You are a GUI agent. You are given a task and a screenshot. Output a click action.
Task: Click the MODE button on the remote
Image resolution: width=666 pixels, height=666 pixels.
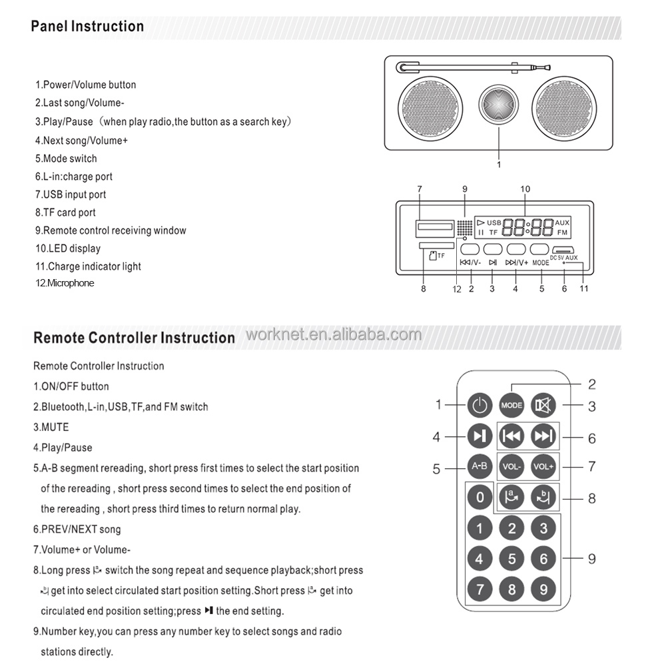click(512, 405)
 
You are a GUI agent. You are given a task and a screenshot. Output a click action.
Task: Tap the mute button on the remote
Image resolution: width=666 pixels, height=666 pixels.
click(544, 405)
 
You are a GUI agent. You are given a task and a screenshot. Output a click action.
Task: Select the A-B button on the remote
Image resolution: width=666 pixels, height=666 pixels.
click(480, 466)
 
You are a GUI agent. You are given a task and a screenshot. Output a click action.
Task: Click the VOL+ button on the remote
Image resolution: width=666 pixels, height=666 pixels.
click(544, 466)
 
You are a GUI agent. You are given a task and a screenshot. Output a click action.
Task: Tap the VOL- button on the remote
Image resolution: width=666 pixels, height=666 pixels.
click(512, 466)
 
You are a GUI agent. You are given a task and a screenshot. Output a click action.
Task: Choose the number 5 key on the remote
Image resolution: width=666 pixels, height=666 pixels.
click(512, 559)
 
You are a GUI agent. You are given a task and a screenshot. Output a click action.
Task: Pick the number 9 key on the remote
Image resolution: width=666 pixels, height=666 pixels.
click(544, 589)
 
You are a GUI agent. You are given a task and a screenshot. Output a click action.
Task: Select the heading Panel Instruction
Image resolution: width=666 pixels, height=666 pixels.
click(87, 27)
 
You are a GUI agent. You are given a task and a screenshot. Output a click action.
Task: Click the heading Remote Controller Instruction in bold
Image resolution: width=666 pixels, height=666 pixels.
click(134, 338)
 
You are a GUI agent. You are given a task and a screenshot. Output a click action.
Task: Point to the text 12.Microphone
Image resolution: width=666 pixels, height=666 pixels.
click(65, 283)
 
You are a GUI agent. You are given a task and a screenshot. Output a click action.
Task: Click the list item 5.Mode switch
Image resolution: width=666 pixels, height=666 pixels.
click(66, 159)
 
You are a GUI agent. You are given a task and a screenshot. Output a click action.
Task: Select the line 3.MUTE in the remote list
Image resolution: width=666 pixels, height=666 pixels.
click(51, 427)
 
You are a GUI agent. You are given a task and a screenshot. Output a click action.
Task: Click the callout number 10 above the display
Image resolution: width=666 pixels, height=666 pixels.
click(525, 189)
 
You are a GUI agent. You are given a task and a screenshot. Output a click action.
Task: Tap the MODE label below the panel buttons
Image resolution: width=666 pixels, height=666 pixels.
click(541, 262)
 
